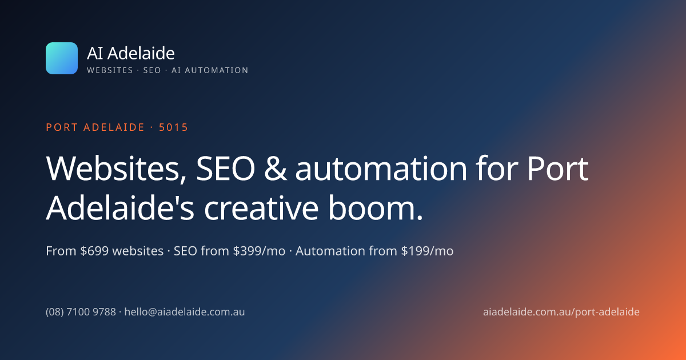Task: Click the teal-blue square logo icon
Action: click(62, 58)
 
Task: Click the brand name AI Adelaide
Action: click(131, 53)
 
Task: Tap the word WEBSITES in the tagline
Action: click(110, 70)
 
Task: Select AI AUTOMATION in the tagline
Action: click(210, 70)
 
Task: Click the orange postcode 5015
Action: click(173, 127)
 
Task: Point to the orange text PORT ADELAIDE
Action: click(95, 127)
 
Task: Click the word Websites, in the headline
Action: click(117, 169)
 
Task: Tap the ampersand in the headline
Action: click(276, 169)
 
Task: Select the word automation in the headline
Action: click(381, 169)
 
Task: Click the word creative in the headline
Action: click(261, 208)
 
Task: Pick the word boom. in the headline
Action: click(376, 207)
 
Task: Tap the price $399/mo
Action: click(259, 251)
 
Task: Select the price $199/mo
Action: click(427, 251)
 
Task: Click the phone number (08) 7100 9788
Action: click(81, 312)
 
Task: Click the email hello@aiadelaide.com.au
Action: click(185, 312)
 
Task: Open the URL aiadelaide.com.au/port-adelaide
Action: click(561, 312)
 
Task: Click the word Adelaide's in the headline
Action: click(120, 207)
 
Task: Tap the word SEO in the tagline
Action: click(152, 70)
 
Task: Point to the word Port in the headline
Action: click(558, 169)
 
